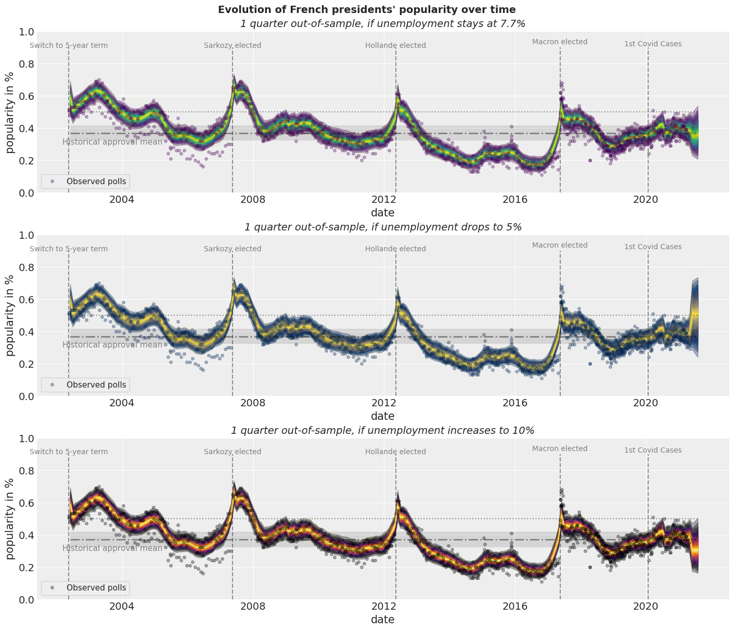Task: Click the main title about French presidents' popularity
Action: tap(367, 9)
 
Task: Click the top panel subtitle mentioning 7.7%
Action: tap(382, 23)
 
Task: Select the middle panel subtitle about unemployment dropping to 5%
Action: tap(382, 227)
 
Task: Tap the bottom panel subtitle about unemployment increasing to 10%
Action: tap(382, 430)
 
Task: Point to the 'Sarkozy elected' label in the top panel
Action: tap(233, 45)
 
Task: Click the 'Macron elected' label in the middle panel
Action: tap(560, 245)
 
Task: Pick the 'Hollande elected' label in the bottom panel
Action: tap(395, 452)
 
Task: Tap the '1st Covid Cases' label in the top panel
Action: tap(653, 44)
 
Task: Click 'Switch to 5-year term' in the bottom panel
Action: tap(69, 452)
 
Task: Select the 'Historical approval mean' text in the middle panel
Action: tap(112, 344)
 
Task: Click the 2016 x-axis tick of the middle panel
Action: tap(515, 403)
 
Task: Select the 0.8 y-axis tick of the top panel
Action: tap(25, 65)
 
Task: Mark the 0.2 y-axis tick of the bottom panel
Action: tap(25, 568)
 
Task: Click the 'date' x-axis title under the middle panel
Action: tap(382, 416)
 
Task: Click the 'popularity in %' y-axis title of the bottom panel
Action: tap(10, 519)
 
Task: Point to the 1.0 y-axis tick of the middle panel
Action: tap(25, 236)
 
